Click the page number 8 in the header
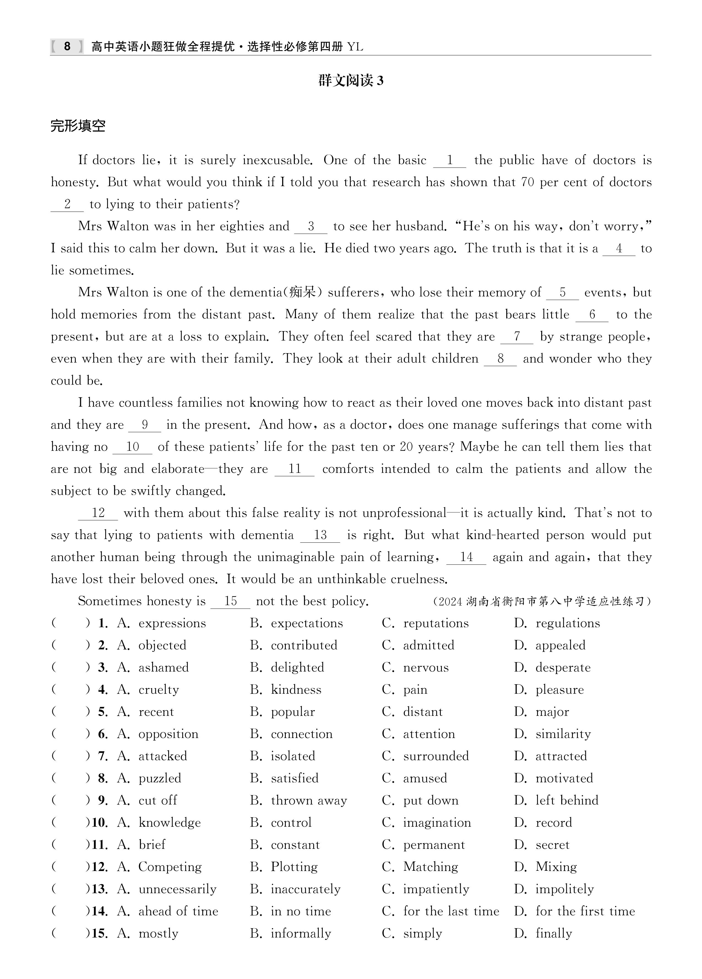point(67,46)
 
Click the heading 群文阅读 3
point(350,81)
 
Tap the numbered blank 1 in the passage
point(450,161)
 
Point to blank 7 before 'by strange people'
point(516,337)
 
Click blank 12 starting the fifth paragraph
point(98,513)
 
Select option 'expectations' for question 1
point(306,623)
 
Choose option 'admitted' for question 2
point(428,645)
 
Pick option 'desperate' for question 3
point(563,667)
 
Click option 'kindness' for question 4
point(296,689)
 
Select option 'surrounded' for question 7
point(436,756)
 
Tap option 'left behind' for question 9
point(567,800)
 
